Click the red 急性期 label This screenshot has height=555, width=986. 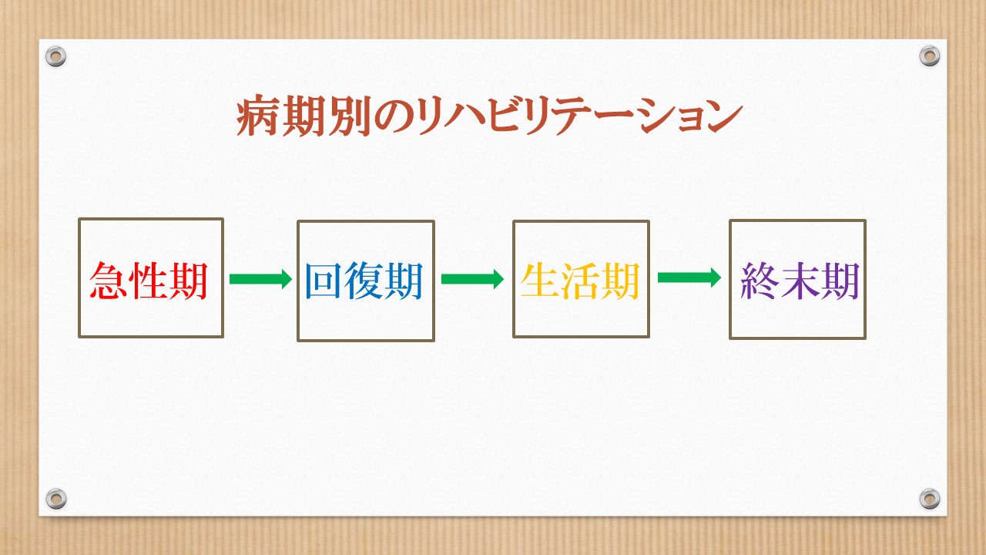[149, 281]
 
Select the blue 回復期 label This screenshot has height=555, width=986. [364, 281]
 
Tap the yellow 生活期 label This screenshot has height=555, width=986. [580, 281]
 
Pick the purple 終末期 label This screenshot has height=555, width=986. [800, 281]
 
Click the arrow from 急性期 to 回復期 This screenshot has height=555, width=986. [260, 279]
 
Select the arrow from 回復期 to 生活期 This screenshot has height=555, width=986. [473, 279]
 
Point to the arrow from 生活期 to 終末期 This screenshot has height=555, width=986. [689, 277]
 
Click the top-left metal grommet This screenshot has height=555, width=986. [56, 56]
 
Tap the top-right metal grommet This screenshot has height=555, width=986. [930, 56]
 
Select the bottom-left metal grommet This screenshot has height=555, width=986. [56, 499]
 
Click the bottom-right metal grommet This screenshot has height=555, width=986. [930, 499]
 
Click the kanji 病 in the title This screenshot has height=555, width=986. [257, 116]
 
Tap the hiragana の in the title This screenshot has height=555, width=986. [393, 116]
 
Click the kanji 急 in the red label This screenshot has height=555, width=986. [109, 281]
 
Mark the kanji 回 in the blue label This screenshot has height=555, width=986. [324, 281]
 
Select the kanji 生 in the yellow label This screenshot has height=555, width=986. [540, 281]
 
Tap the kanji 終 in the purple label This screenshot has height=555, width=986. [760, 281]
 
